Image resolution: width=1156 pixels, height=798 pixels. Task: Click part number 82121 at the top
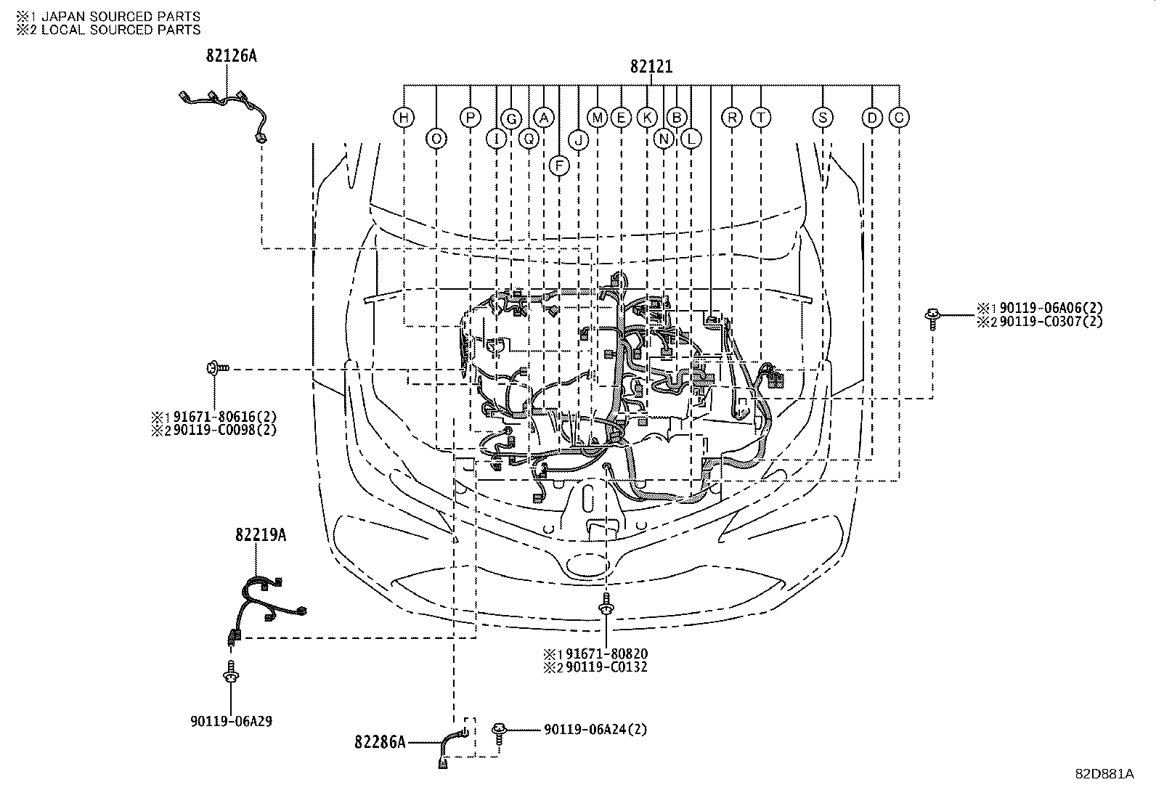(651, 67)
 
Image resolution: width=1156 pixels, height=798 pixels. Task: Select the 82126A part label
(231, 56)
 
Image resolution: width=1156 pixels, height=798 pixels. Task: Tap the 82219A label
(260, 535)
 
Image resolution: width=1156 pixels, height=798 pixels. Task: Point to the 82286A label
(380, 742)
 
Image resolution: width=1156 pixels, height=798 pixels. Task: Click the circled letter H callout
(404, 118)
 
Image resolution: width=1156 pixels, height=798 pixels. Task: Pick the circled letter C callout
(899, 118)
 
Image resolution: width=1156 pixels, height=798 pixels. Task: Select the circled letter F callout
(559, 165)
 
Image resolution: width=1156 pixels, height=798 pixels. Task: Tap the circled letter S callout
(822, 118)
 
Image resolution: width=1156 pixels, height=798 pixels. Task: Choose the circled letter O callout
(436, 138)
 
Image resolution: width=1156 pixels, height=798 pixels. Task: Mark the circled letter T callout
(760, 118)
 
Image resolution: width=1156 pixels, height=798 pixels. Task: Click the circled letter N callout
(664, 138)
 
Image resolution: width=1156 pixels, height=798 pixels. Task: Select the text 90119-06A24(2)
(595, 729)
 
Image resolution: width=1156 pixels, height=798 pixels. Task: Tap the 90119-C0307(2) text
(1050, 322)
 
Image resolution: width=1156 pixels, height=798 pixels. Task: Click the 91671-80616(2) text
(224, 417)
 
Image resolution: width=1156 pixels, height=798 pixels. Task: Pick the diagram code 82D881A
(1104, 774)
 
